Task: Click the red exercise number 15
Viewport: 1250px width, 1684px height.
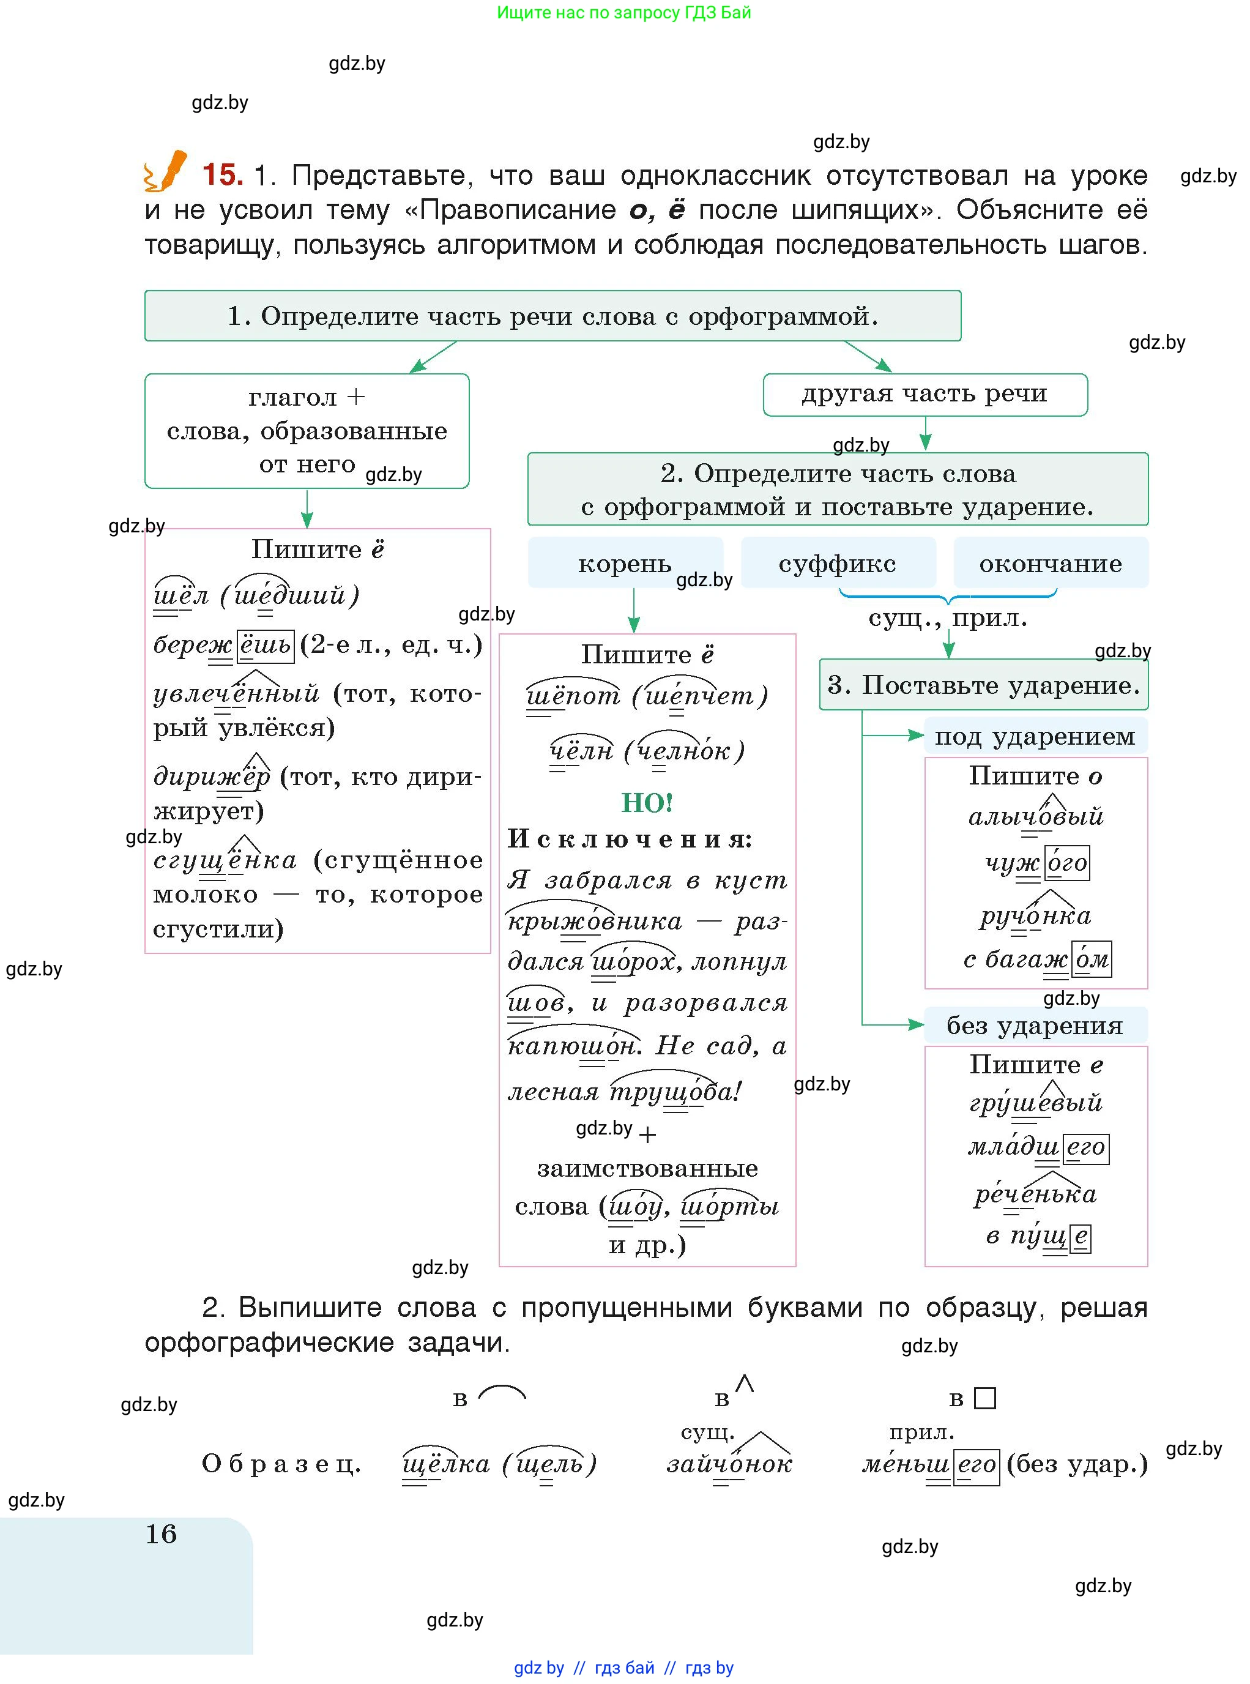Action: click(223, 175)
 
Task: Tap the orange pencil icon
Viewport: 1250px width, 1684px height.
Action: click(166, 170)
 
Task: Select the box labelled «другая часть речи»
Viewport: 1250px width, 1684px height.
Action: click(924, 394)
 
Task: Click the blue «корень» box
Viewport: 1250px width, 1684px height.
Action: click(625, 563)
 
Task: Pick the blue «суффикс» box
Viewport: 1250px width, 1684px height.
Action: click(838, 563)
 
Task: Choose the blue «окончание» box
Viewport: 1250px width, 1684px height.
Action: click(1051, 563)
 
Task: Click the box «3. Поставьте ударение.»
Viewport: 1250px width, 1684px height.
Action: click(984, 684)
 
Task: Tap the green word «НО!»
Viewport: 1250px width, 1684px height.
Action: click(647, 802)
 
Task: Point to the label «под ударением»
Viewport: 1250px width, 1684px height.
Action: click(1035, 736)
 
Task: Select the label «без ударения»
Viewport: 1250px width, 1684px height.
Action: click(1035, 1026)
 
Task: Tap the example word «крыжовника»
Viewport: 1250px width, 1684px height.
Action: click(595, 920)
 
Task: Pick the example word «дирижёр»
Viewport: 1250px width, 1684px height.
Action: click(212, 776)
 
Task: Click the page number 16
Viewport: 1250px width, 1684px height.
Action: click(161, 1533)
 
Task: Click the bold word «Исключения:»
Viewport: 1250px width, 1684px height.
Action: click(630, 838)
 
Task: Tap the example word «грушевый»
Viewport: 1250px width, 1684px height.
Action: click(1036, 1102)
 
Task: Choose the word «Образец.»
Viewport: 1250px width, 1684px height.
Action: click(281, 1463)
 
